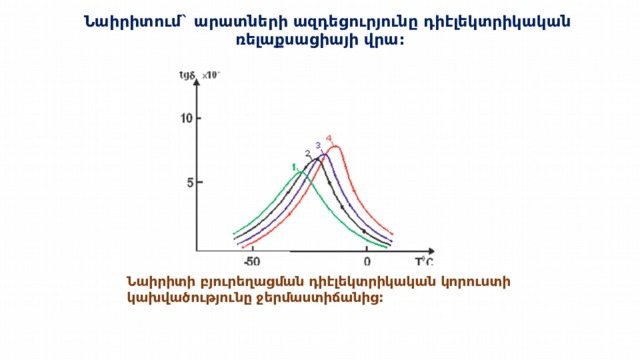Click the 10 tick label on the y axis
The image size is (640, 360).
183,118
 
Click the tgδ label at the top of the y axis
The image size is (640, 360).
187,75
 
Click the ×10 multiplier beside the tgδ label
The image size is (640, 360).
211,75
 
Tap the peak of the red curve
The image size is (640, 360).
335,147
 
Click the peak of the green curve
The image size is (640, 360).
299,172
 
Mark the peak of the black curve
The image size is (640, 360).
316,158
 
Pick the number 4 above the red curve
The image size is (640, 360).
329,138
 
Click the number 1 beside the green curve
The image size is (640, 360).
293,167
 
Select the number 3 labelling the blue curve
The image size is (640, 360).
318,146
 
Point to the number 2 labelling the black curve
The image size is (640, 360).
307,153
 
